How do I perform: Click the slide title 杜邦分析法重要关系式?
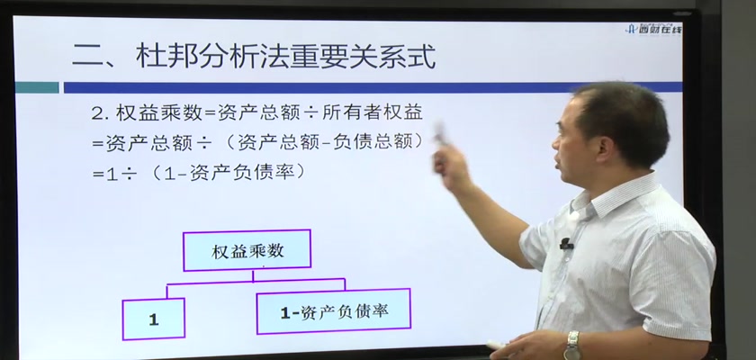[286, 57]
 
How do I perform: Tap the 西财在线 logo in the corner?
[653, 30]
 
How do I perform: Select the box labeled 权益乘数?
[247, 250]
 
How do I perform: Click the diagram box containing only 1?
[154, 319]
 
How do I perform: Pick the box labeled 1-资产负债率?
[334, 311]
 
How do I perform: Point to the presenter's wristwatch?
[572, 345]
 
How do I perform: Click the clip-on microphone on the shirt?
[565, 244]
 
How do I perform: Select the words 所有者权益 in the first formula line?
[373, 112]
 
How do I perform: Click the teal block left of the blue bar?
[37, 87]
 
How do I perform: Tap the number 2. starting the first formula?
[101, 113]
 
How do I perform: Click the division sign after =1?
[130, 174]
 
